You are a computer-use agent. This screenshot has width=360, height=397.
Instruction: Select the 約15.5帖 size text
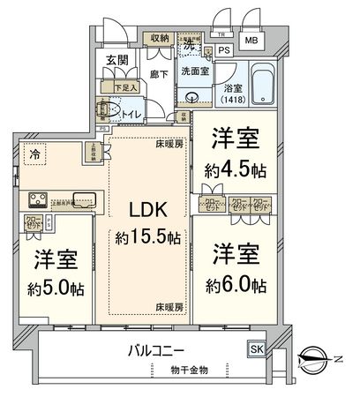tap(148, 239)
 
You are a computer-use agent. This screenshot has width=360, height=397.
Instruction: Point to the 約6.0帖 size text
tap(235, 284)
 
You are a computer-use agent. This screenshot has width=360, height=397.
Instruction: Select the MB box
tap(252, 41)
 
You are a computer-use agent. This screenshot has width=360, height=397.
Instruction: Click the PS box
tap(224, 50)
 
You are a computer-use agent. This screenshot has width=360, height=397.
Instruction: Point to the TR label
tap(219, 36)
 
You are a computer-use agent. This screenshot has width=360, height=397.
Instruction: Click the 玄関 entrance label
tap(117, 60)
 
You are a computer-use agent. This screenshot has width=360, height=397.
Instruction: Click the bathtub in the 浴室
tap(261, 83)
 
